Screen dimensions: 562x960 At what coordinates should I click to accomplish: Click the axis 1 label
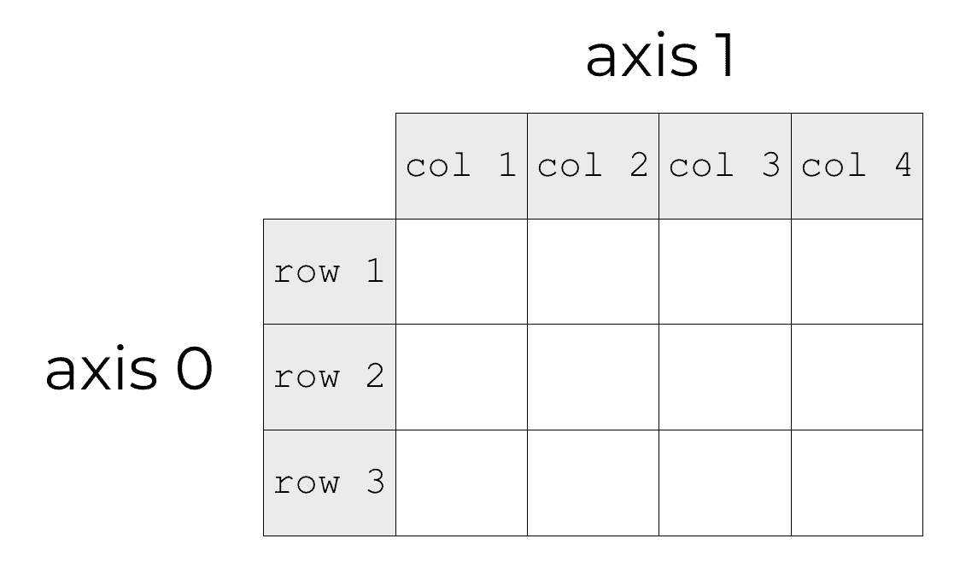659,58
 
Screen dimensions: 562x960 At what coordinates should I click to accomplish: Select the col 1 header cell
461,166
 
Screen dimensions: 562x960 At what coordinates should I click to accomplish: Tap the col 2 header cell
593,166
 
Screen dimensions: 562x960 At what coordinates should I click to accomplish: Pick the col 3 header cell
724,166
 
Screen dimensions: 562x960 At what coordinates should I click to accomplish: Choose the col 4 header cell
857,166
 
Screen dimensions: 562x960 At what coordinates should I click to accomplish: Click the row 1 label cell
329,272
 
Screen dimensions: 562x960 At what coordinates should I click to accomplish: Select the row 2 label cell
329,377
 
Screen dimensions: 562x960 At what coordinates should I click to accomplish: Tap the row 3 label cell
329,483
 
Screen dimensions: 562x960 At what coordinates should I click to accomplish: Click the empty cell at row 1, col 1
461,272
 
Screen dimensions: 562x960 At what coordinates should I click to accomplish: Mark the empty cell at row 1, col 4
857,272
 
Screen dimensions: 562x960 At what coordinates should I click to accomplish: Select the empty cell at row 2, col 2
593,377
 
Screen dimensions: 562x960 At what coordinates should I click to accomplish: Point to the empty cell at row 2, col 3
724,377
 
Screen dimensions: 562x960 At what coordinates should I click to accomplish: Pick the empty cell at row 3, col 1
461,483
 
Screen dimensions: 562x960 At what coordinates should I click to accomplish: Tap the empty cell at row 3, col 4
857,483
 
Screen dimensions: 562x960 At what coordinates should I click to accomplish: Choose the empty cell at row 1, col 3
724,272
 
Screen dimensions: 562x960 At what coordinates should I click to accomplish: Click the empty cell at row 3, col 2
593,483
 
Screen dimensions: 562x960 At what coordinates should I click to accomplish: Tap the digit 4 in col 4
903,165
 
